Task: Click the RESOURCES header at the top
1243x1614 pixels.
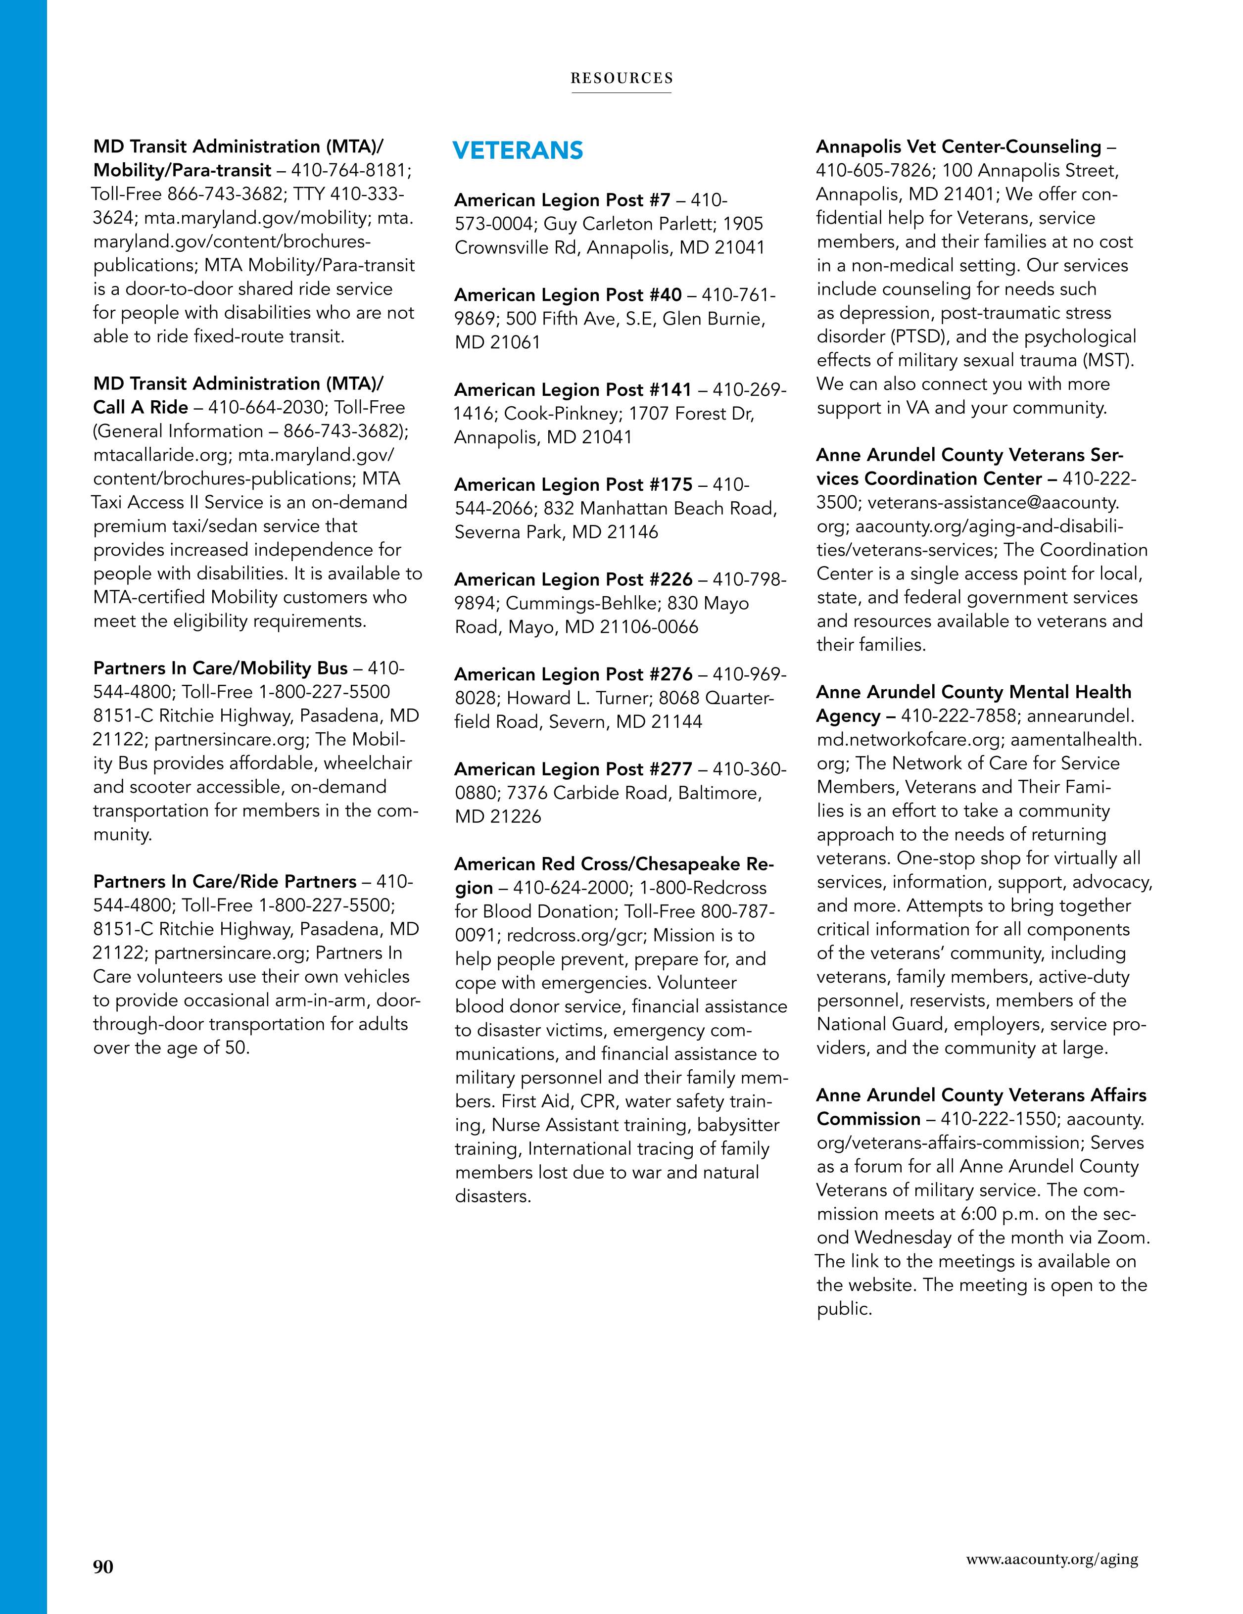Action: (621, 78)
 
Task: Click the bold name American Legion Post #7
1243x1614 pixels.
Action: (562, 200)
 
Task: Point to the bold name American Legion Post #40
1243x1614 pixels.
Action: (568, 295)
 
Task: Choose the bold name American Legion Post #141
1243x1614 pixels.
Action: (573, 389)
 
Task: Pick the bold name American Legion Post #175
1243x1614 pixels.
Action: (573, 485)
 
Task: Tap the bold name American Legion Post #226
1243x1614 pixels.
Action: (573, 579)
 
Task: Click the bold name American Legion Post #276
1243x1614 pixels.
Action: (573, 674)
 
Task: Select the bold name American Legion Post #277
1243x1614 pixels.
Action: (573, 769)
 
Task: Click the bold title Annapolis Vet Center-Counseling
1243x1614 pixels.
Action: (958, 147)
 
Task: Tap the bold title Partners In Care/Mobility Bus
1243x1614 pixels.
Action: (220, 668)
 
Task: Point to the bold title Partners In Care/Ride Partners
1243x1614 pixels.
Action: (225, 882)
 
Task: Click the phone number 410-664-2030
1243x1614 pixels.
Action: (266, 407)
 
